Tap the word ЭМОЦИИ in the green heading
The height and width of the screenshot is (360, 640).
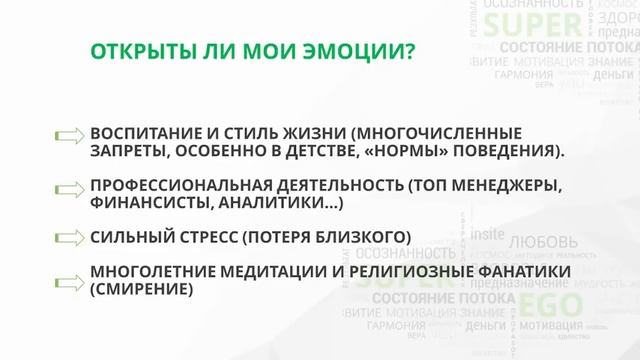356,50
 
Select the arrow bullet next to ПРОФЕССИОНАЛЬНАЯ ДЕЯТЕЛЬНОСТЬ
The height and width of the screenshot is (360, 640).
69,188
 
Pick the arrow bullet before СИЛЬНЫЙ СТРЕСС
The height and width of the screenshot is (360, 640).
69,236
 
